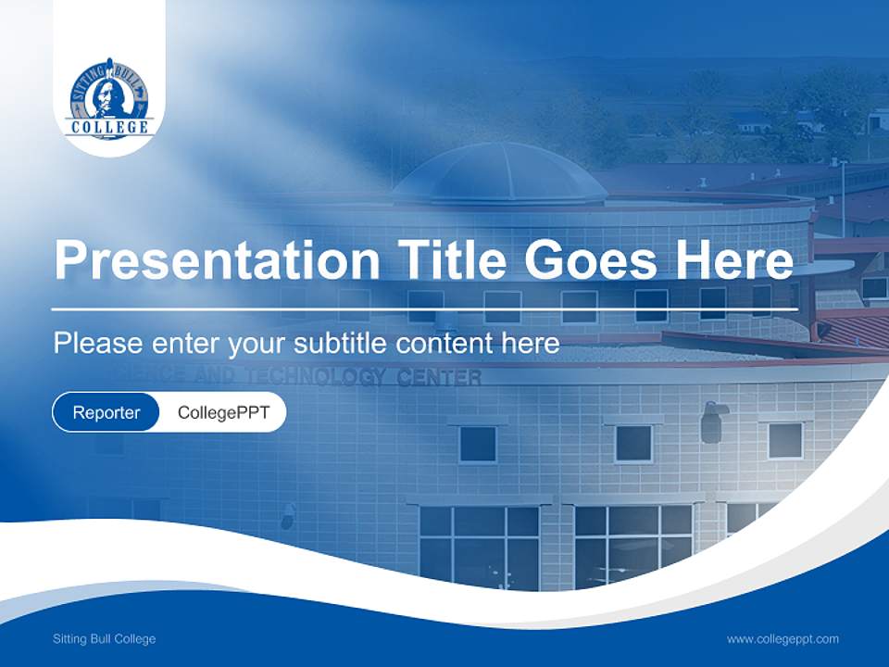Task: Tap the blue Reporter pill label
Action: point(106,412)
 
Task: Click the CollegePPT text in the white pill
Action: point(223,412)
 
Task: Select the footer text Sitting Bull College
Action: point(104,638)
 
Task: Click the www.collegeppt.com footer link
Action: point(783,638)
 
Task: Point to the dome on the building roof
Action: point(500,175)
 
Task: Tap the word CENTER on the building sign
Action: point(439,377)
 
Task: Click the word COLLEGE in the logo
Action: point(109,126)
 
